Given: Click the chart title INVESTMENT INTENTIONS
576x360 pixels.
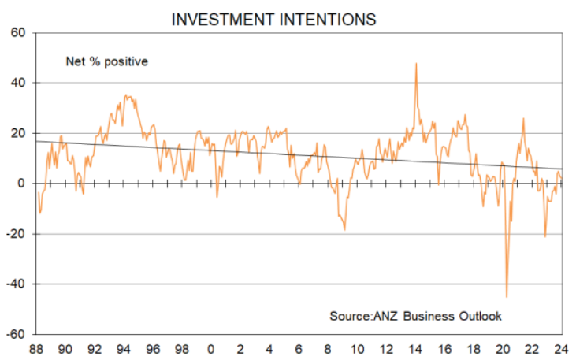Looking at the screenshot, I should pyautogui.click(x=273, y=19).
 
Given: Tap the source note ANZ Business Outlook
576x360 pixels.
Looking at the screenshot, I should pyautogui.click(x=415, y=316).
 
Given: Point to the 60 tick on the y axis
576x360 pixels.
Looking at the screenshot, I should pyautogui.click(x=17, y=33).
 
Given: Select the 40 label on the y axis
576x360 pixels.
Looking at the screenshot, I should pyautogui.click(x=17, y=83).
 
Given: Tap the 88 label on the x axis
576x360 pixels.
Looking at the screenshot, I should pyautogui.click(x=35, y=349).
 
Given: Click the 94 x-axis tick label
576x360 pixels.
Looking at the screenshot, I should pyautogui.click(x=124, y=349).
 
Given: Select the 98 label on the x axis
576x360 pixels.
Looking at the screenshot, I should pyautogui.click(x=182, y=349).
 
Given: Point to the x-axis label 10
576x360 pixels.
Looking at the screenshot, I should pyautogui.click(x=357, y=349).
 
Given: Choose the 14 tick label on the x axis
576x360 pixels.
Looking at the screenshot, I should pyautogui.click(x=415, y=349).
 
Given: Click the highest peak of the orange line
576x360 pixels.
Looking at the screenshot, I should pyautogui.click(x=416, y=63).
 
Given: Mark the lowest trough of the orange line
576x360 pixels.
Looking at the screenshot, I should pyautogui.click(x=506, y=297).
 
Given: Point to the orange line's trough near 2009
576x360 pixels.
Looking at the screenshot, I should pyautogui.click(x=345, y=229).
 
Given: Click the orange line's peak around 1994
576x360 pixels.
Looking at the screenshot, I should pyautogui.click(x=125, y=95).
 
